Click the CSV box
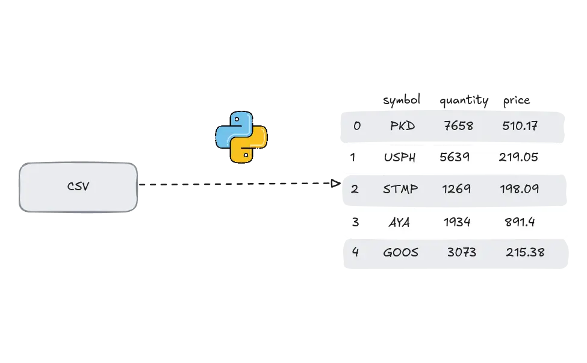pos(78,187)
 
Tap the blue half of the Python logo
pos(232,128)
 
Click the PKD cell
pos(402,126)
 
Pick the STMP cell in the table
pos(400,189)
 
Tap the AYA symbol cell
pos(399,222)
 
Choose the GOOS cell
pos(400,252)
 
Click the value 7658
pos(458,126)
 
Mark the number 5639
pos(455,157)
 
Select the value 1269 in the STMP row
pos(456,189)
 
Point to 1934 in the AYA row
pos(457,222)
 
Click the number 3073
pos(461,252)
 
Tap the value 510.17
pos(520,126)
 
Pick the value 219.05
pos(518,157)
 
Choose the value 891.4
pos(519,222)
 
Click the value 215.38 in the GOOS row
pos(525,252)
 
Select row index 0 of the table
pos(357,126)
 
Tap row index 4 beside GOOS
pos(355,252)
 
